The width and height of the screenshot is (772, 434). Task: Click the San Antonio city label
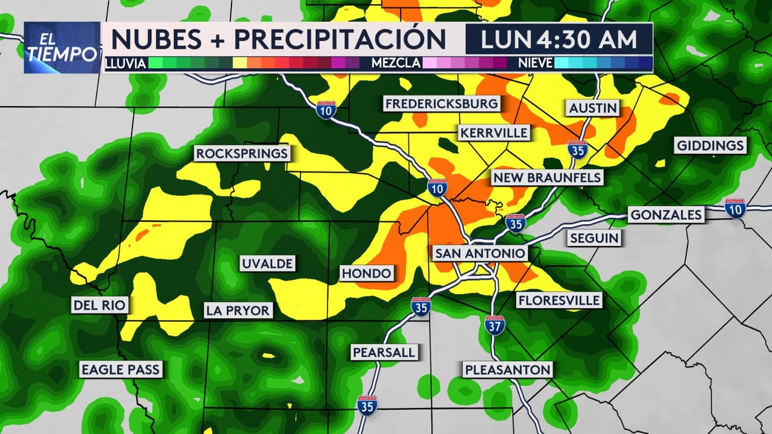point(480,253)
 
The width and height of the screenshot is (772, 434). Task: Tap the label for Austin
point(593,108)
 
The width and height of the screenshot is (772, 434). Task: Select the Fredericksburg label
point(442,104)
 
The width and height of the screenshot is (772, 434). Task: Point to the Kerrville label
point(493,133)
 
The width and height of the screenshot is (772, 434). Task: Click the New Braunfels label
point(547,177)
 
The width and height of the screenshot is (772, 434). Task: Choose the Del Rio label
point(100,305)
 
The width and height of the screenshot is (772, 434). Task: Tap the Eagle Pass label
point(121,370)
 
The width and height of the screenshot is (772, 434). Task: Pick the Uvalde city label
point(267,263)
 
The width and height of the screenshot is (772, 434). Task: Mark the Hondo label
point(366,274)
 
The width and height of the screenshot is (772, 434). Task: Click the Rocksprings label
point(242,154)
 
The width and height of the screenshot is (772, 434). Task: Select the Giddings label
point(710,145)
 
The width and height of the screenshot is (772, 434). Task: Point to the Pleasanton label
point(508,370)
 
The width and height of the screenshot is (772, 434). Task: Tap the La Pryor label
point(238,310)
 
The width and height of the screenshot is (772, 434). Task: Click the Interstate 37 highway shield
point(495,325)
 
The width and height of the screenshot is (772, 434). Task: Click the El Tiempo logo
point(62,48)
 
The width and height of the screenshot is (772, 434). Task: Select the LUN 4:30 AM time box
point(558,39)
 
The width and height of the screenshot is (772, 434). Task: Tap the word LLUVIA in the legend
point(125,63)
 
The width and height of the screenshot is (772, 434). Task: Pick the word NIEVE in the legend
point(535,63)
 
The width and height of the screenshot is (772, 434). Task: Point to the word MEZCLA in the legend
point(396,63)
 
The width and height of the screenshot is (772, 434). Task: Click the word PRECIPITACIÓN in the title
point(340,39)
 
